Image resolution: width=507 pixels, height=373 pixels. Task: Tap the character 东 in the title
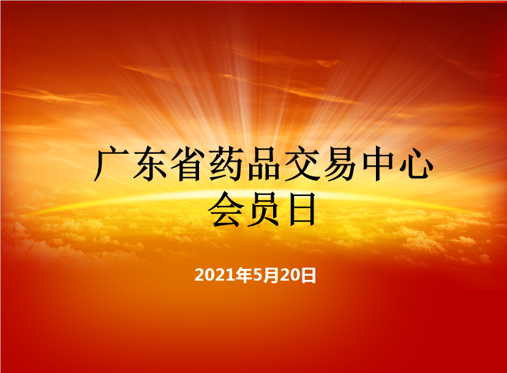(x=150, y=164)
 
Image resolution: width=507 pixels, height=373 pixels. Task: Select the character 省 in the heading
(x=188, y=164)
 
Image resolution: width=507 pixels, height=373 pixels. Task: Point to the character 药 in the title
(x=227, y=164)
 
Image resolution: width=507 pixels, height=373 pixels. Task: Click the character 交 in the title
(x=302, y=164)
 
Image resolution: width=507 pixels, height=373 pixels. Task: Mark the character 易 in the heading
(x=340, y=164)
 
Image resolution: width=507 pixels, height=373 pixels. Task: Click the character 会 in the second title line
(x=226, y=209)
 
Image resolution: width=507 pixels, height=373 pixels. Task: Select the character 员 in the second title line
(x=264, y=209)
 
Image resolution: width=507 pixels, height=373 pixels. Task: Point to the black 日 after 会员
(x=302, y=209)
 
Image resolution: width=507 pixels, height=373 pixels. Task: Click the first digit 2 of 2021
(x=200, y=275)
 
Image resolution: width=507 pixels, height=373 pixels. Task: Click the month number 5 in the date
(x=258, y=275)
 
